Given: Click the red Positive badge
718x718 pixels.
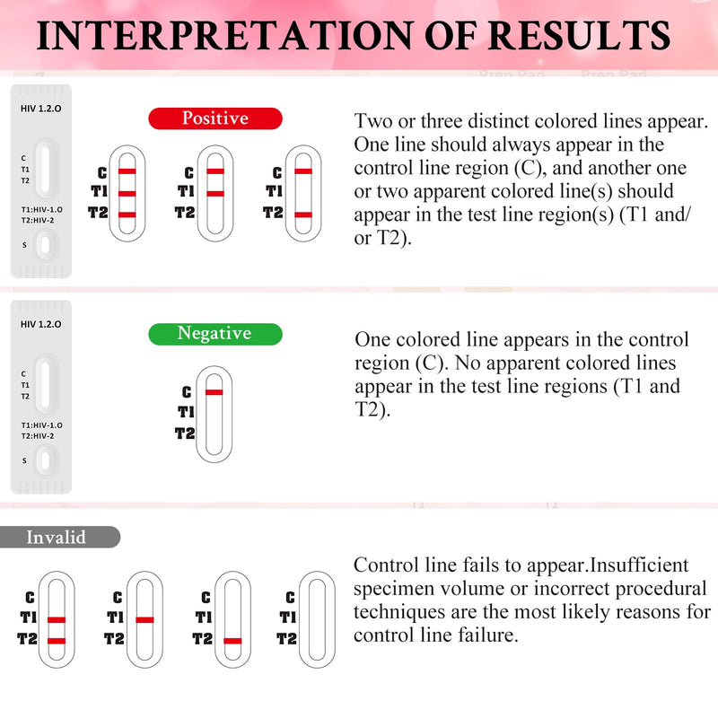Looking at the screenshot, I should (x=215, y=118).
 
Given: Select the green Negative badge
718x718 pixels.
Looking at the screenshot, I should (x=215, y=334).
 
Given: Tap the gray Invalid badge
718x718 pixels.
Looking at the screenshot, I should (x=59, y=538).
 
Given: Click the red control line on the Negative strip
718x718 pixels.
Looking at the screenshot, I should (x=214, y=392).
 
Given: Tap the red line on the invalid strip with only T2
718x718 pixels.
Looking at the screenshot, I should (x=232, y=641).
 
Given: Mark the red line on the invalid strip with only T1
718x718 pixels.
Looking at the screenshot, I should (x=144, y=619).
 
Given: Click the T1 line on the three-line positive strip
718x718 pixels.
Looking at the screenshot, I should (x=127, y=193).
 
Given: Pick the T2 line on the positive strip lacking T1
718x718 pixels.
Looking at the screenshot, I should (x=302, y=215).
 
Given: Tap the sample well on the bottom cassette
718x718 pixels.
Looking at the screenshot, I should (x=43, y=460).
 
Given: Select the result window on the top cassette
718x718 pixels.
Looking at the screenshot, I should (x=43, y=167).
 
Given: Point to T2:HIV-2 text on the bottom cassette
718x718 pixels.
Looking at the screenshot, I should (x=39, y=435).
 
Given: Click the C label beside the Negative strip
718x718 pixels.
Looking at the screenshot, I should (x=187, y=392).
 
